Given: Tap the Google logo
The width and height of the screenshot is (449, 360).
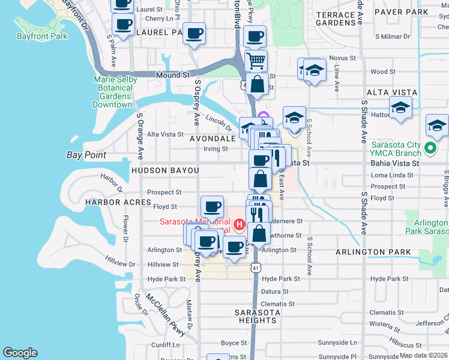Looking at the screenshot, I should click(20, 353).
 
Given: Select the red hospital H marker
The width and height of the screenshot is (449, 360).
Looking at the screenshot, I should click(240, 225).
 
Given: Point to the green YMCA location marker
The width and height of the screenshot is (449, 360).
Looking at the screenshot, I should click(430, 148).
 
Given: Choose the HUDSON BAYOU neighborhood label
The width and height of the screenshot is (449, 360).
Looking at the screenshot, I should click(164, 170).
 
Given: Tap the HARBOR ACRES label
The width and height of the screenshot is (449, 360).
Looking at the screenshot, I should click(118, 202).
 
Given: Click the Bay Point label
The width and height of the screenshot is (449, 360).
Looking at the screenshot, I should click(86, 155).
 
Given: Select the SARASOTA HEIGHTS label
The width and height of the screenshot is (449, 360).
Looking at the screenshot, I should click(256, 316).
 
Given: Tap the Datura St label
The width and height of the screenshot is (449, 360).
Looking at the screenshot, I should click(275, 292).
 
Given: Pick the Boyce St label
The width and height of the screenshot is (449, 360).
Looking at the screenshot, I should click(230, 343).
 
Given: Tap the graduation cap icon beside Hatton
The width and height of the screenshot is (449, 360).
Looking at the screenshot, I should click(400, 108).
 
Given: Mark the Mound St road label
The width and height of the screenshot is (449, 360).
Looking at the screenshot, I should click(173, 76).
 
